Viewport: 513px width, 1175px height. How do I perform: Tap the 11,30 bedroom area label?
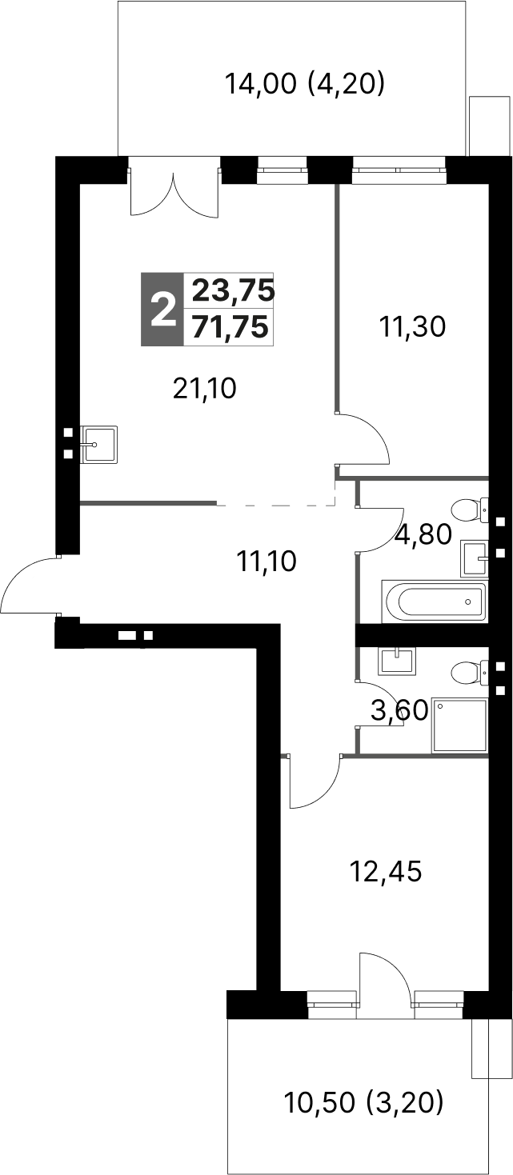pos(412,326)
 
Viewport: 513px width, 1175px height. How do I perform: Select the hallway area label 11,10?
pos(267,562)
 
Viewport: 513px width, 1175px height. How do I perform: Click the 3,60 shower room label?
pos(400,709)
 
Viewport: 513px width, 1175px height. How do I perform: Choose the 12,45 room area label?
pos(386,870)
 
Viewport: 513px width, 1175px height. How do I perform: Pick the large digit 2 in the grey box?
pos(162,310)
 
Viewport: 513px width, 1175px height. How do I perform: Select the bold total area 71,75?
pos(230,328)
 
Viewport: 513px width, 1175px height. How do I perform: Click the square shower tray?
pos(459,725)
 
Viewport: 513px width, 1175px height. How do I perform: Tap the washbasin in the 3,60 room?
pos(396,661)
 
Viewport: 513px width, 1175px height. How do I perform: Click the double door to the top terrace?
pos(174,192)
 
